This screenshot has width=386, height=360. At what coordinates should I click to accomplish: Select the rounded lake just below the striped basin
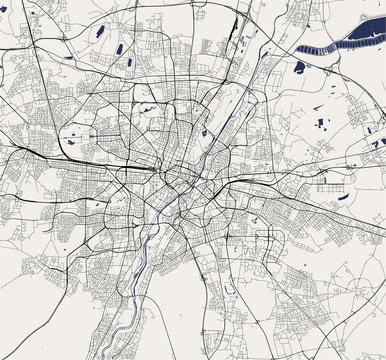click(x=299, y=68)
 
